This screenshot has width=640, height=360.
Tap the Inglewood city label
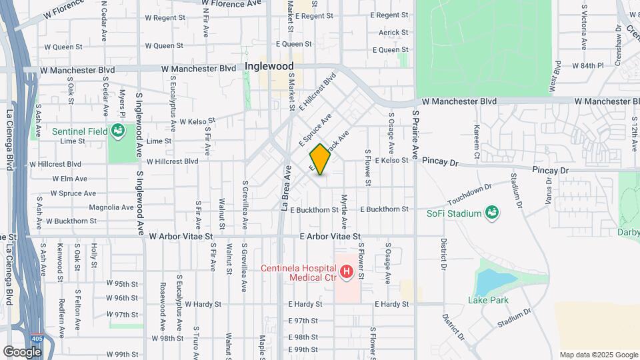269,67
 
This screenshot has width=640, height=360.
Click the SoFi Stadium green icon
493,213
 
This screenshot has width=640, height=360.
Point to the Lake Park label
488,300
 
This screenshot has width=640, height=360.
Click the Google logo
22,351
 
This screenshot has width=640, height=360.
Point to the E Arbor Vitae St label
330,237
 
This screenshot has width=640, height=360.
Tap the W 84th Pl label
587,66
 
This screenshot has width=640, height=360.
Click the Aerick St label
393,32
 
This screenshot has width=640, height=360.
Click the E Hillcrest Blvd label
317,95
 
